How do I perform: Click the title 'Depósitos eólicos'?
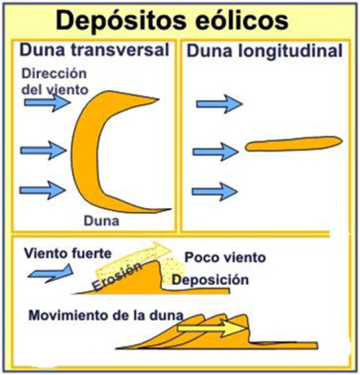(x=172, y=22)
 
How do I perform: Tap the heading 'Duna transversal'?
(x=94, y=50)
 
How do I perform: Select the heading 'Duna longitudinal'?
(x=264, y=52)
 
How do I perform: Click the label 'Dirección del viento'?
(x=55, y=82)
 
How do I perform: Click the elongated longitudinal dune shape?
(x=294, y=143)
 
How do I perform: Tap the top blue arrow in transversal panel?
(x=47, y=102)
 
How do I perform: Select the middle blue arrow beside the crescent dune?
(x=43, y=150)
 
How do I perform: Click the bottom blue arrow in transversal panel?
(x=43, y=190)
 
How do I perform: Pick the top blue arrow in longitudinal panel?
(x=219, y=104)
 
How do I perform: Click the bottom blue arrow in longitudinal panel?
(x=214, y=192)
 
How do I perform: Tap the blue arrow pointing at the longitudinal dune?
(x=216, y=151)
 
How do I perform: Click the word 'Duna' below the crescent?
(x=101, y=221)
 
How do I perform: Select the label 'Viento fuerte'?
(x=68, y=253)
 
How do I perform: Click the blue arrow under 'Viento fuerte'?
(x=51, y=273)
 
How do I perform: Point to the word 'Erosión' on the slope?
(x=117, y=276)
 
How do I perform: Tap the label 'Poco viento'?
(x=225, y=257)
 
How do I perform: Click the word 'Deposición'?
(x=210, y=280)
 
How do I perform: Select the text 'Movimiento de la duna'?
(x=106, y=315)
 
